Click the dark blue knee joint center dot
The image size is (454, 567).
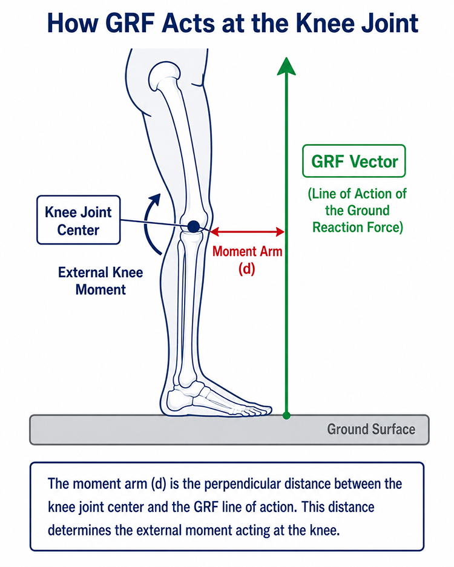tap(194, 226)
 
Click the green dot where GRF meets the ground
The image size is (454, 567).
tap(286, 416)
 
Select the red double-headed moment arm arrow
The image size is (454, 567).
tap(247, 232)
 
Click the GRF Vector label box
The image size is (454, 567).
tap(354, 162)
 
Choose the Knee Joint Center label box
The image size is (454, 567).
tap(79, 220)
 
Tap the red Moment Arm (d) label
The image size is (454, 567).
tap(247, 260)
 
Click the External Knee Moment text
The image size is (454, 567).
tap(100, 281)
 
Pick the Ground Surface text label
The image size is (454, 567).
tap(371, 429)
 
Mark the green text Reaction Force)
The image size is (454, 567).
tap(357, 228)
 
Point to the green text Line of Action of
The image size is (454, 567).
tap(357, 194)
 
